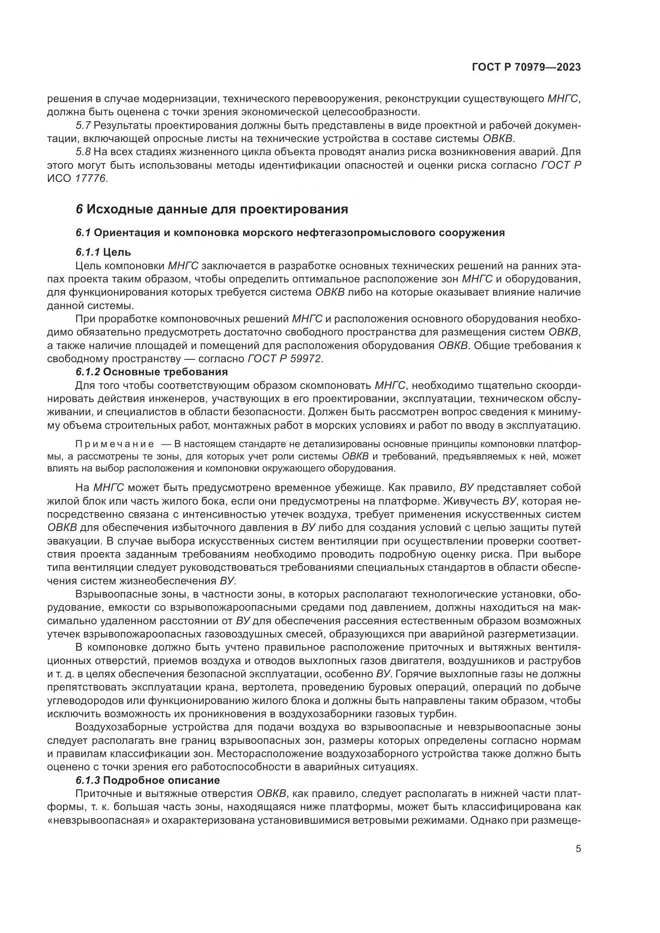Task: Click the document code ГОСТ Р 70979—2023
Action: click(x=526, y=67)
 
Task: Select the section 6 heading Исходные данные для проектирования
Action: click(x=212, y=210)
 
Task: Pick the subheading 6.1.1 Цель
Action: click(x=103, y=252)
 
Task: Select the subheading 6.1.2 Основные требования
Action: click(x=151, y=372)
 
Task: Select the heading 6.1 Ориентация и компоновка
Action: click(x=290, y=233)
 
